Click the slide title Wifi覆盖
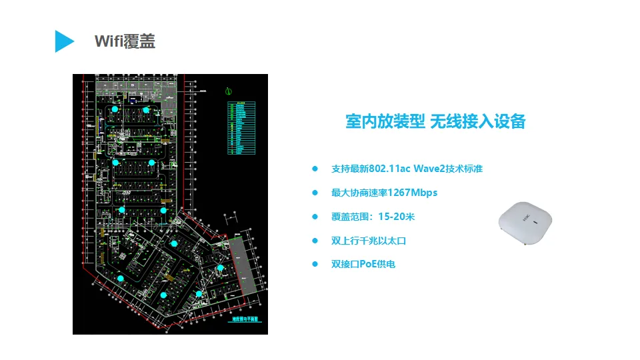click(125, 41)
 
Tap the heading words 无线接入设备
click(478, 121)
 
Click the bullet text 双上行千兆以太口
click(369, 241)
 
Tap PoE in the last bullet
click(368, 265)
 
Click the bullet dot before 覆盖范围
click(315, 217)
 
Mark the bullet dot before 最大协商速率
click(315, 193)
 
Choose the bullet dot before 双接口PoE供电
click(315, 265)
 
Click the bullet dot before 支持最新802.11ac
click(315, 169)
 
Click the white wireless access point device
click(527, 223)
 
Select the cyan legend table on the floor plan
click(241, 129)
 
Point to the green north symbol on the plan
click(227, 91)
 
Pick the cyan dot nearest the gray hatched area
click(220, 267)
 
